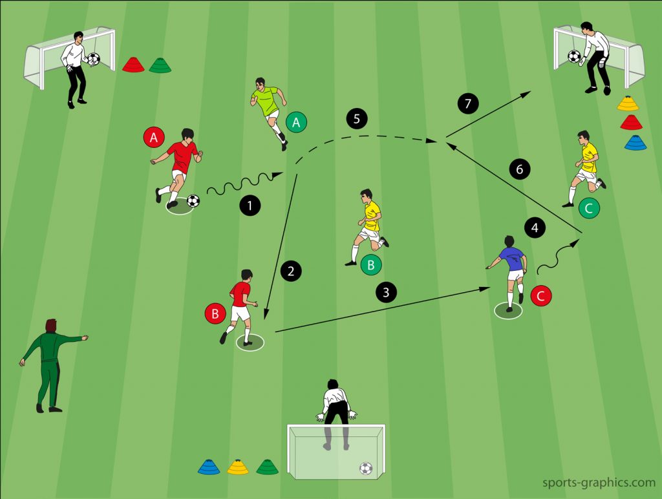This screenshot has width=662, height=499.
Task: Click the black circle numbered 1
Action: (250, 206)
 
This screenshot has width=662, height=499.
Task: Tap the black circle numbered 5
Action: (357, 119)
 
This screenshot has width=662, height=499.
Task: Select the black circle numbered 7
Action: (468, 103)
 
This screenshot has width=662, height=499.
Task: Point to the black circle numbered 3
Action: (386, 292)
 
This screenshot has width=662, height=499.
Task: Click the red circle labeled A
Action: (154, 137)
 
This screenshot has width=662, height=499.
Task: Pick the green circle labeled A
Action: (296, 122)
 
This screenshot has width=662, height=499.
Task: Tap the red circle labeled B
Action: (215, 313)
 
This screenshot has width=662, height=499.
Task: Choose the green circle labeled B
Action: (371, 265)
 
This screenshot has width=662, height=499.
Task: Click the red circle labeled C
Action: (541, 296)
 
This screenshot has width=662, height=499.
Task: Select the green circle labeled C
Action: (589, 207)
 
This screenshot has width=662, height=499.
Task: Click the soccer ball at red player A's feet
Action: (193, 200)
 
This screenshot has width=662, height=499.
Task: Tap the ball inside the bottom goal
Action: (366, 468)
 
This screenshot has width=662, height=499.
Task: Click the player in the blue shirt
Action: (509, 272)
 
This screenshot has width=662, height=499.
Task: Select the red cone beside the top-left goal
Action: (133, 64)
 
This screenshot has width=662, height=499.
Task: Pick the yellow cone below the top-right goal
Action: (628, 103)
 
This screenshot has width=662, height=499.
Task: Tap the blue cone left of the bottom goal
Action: (209, 467)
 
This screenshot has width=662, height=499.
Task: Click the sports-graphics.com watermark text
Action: (599, 482)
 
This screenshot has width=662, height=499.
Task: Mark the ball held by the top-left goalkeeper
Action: (93, 59)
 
